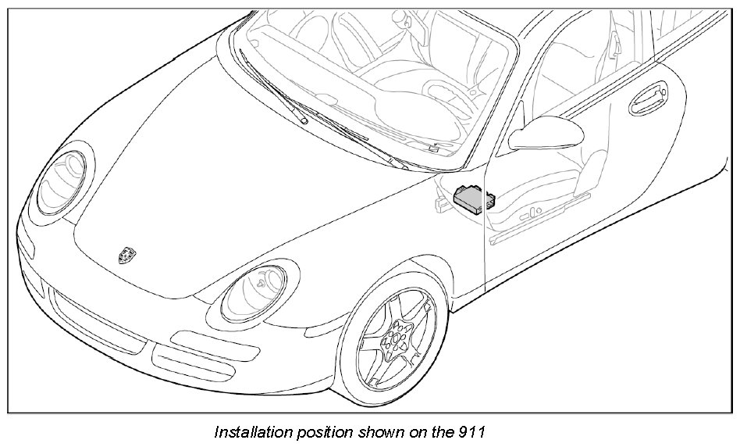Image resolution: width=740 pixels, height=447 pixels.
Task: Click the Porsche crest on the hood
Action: (x=126, y=254)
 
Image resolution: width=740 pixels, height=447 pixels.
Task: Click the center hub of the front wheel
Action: (x=393, y=339)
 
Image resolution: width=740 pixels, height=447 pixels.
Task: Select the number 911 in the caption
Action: (x=475, y=432)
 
